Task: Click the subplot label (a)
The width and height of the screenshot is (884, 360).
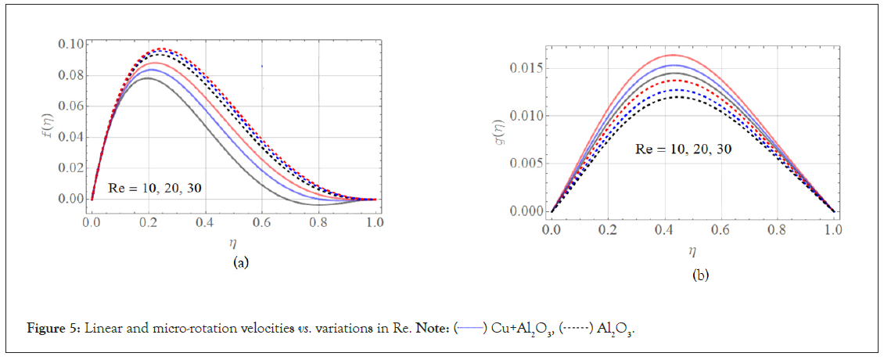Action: coord(241,263)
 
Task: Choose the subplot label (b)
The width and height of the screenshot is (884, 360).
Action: coord(699,275)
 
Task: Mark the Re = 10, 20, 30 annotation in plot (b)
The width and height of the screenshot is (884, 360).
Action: coord(683,149)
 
